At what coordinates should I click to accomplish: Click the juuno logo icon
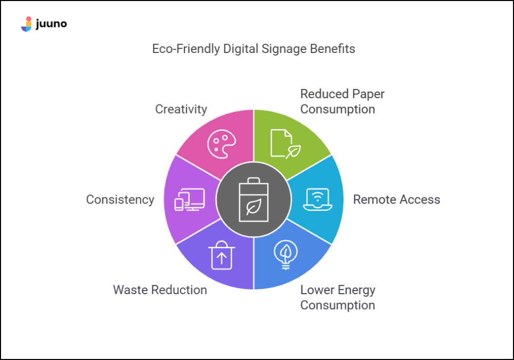[26, 24]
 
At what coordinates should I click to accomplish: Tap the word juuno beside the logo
[51, 24]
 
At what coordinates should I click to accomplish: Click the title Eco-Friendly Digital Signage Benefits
[253, 49]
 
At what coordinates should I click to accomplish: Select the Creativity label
[181, 109]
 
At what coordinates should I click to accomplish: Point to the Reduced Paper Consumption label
[342, 101]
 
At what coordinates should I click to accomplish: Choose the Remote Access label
[396, 200]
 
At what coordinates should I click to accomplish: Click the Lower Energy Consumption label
[338, 297]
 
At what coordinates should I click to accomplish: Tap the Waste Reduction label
[160, 290]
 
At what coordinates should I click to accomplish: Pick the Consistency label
[120, 200]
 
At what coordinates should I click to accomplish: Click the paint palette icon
[221, 143]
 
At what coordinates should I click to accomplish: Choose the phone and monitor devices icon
[189, 200]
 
